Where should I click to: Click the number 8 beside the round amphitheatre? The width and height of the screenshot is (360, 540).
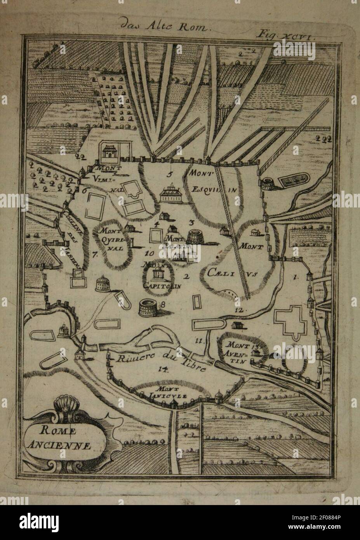[x=163, y=305]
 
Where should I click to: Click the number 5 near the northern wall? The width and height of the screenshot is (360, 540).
[x=170, y=174]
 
